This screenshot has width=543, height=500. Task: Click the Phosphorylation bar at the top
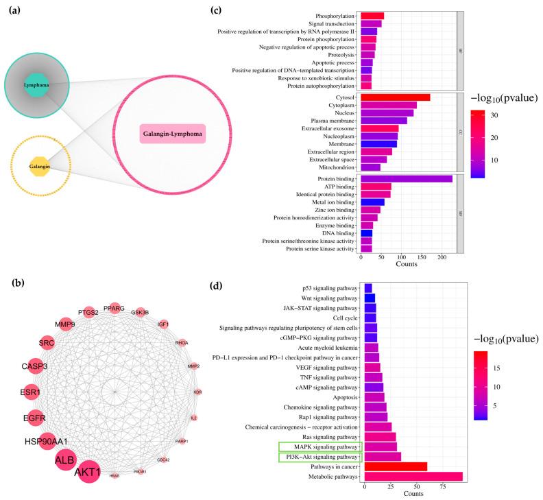(372, 16)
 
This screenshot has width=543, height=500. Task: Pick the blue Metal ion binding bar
(372, 202)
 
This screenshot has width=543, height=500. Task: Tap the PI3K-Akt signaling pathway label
(322, 457)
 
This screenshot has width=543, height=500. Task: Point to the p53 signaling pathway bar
(368, 288)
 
